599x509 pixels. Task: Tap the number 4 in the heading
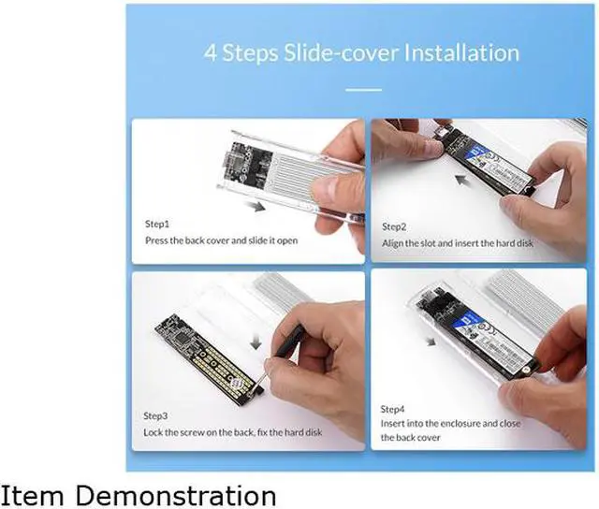[x=211, y=51]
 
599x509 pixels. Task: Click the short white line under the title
[x=364, y=90]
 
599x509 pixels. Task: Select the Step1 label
[x=157, y=225]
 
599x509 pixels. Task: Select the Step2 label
[x=394, y=227]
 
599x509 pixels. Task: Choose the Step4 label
[x=394, y=410]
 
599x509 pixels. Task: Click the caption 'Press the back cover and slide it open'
[x=221, y=240]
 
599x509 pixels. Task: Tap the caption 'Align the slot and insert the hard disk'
[x=456, y=243]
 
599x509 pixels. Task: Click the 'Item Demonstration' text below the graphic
[x=138, y=493]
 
